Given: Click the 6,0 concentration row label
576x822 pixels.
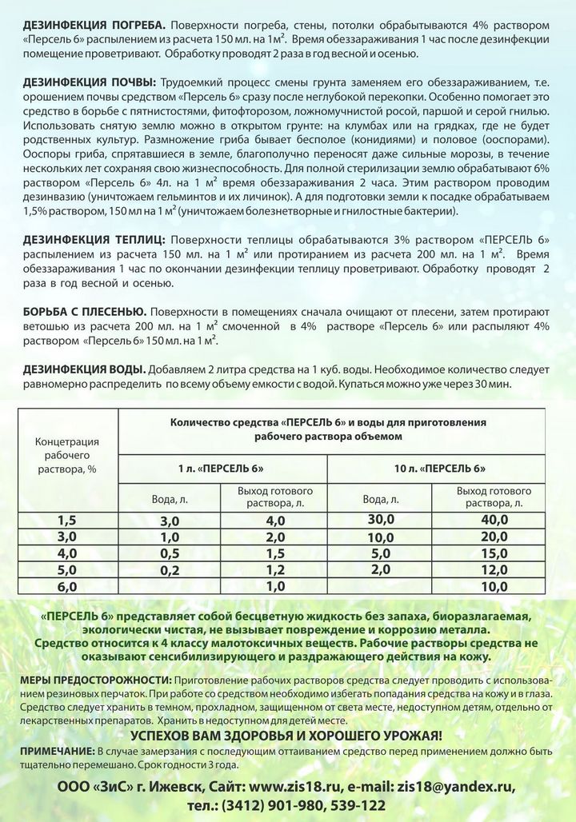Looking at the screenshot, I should point(67,586).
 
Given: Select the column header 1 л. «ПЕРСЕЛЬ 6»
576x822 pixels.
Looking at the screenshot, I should point(221,467).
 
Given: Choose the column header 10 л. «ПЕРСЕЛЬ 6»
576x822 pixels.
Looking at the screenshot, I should point(440,467).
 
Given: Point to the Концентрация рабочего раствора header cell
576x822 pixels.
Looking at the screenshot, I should point(67,454).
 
